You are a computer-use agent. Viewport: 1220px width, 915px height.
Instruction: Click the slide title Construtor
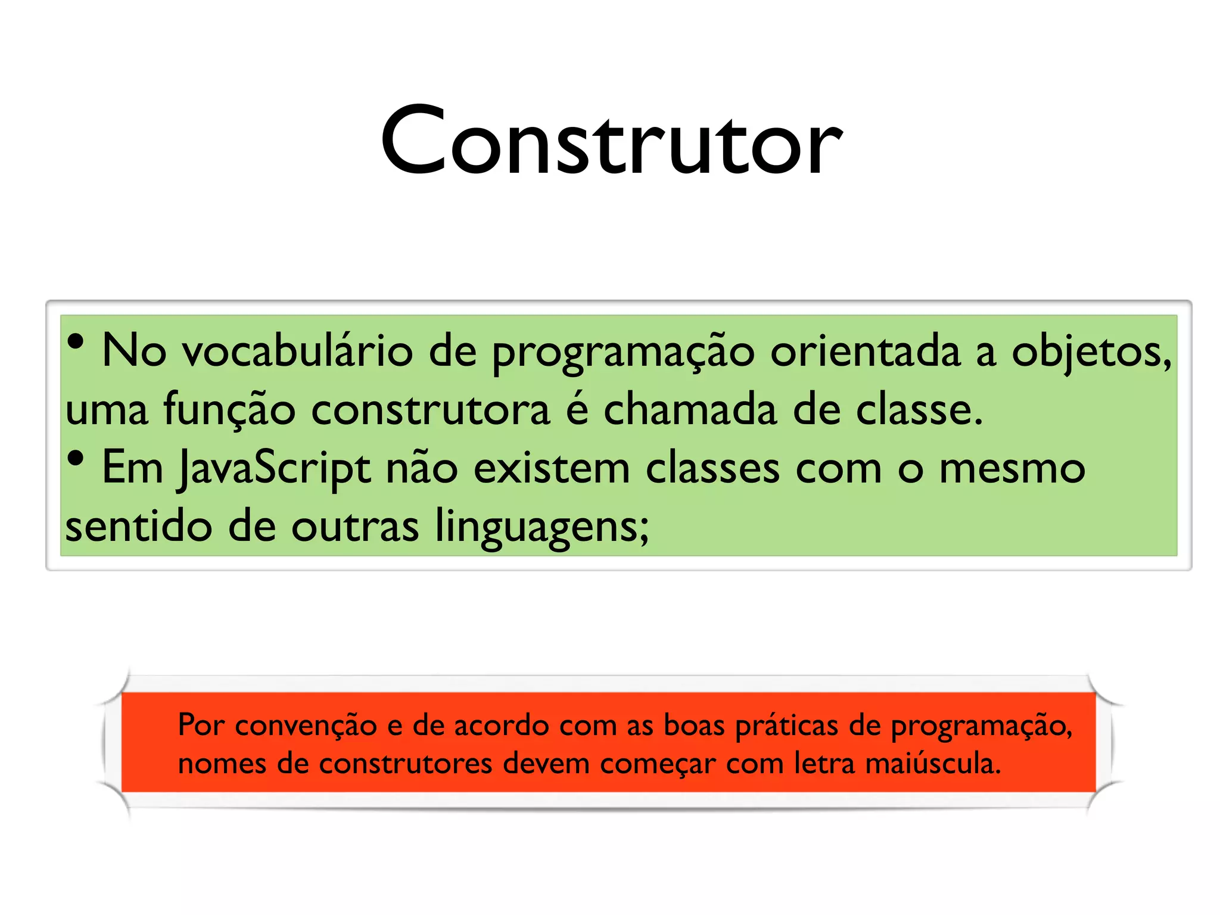click(611, 141)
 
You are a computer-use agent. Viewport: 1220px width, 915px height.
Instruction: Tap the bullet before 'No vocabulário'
click(76, 342)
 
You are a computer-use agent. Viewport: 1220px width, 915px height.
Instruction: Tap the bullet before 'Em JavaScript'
click(76, 459)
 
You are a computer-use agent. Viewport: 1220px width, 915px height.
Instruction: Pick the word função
click(229, 410)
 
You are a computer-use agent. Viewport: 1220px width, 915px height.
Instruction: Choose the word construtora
click(430, 410)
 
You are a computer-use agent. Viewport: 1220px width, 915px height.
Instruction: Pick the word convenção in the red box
click(306, 726)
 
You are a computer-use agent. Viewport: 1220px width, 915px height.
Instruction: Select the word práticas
click(786, 726)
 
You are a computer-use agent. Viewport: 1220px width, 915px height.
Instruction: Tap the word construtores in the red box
click(405, 764)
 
